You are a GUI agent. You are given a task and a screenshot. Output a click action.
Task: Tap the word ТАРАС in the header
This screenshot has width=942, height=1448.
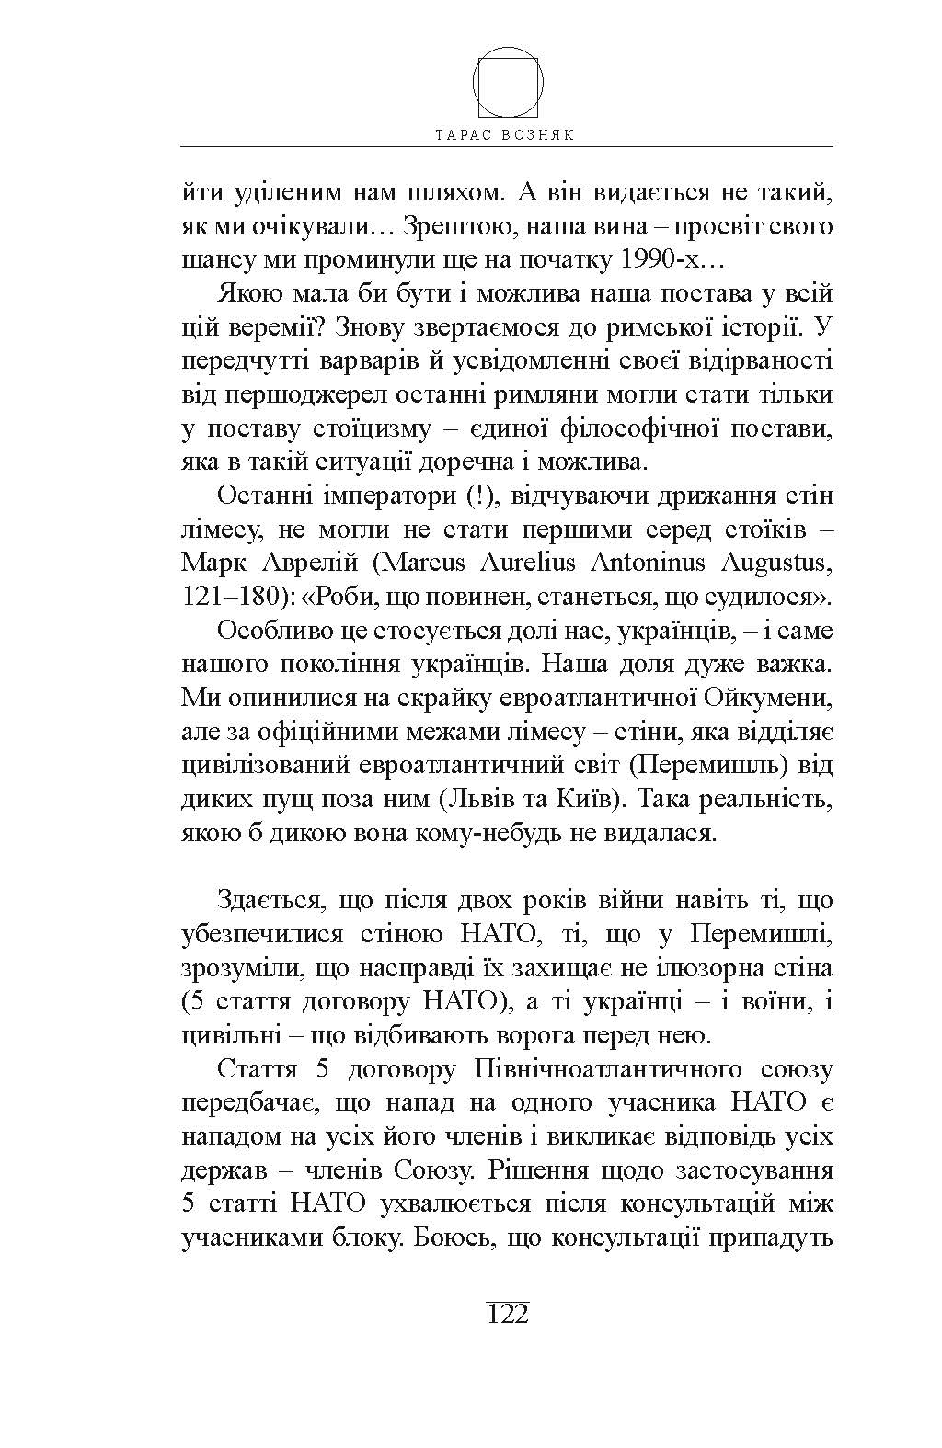point(465,134)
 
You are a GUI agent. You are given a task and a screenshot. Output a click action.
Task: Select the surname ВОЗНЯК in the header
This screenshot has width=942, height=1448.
point(542,134)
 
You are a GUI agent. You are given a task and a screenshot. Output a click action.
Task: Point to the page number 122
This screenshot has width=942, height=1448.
point(508,1314)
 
